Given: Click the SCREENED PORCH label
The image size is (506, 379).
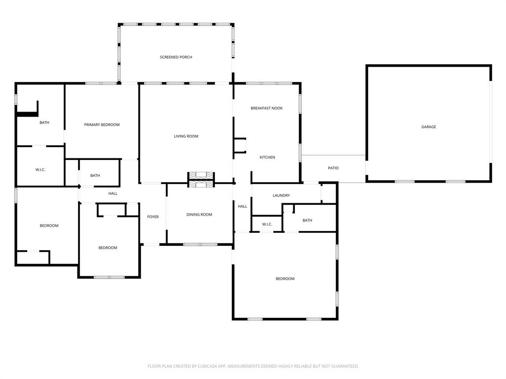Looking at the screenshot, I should point(176,57).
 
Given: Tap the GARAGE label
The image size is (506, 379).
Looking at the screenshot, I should point(428,127).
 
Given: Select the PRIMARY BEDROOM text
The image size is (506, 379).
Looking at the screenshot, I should point(102,125).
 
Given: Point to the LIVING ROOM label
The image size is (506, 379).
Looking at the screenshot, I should point(186,136).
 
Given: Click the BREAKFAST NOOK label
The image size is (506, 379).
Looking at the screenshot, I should point(266,108).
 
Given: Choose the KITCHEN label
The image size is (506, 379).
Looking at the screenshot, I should point(267,157).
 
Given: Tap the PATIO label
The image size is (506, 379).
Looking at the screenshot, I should point(334,168).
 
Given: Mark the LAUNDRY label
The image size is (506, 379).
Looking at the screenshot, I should point(281,195).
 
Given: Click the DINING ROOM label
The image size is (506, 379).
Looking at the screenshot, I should point(199,215).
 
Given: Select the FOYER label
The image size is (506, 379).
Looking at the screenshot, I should point(153,217).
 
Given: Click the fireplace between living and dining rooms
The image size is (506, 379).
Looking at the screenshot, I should point(201,180).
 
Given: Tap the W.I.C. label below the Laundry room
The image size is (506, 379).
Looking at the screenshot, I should point(267,225).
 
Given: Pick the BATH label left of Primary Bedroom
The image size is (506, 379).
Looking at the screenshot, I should point(44,123).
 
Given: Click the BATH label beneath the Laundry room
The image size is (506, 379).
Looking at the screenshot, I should point(307,221).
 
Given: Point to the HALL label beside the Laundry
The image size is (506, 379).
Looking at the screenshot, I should point(242,206).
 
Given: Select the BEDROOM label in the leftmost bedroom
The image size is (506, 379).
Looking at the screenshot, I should point(49,226).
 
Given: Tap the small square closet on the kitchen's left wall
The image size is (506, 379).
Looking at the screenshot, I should point(240,146).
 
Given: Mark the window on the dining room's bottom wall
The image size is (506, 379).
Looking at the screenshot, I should point(200,244).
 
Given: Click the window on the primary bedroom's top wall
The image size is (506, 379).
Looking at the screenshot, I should point(101,83).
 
